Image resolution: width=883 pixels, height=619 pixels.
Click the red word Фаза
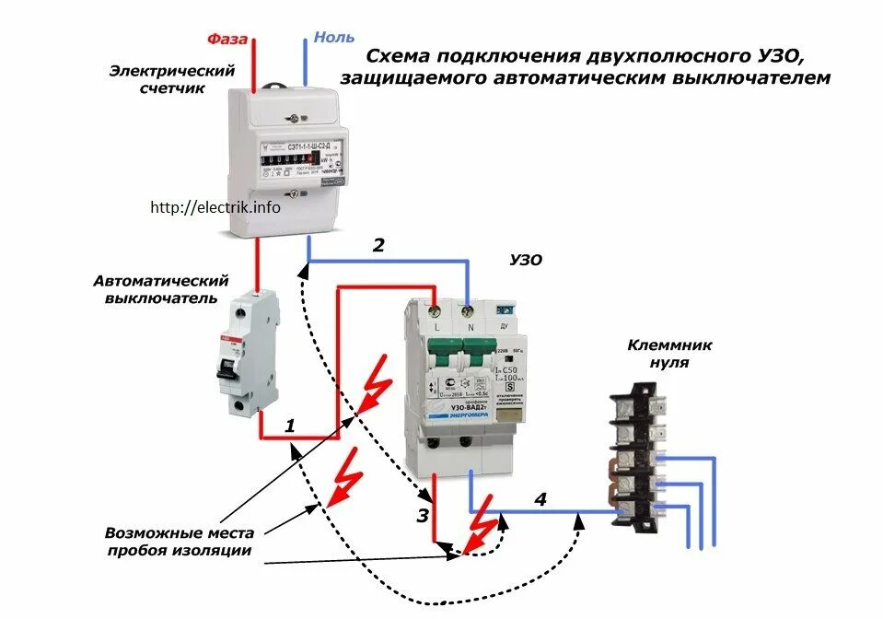(x=225, y=39)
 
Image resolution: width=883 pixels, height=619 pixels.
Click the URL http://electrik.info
(x=215, y=207)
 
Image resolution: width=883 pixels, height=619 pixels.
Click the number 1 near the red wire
(x=289, y=426)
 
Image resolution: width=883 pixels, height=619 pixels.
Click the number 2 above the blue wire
(x=378, y=245)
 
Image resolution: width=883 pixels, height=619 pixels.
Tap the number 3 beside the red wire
(x=422, y=516)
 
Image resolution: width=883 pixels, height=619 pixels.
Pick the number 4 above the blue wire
(x=540, y=500)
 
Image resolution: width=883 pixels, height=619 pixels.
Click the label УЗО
(x=526, y=261)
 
